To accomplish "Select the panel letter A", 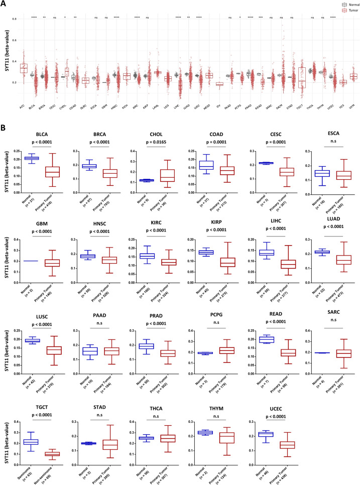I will click(x=5, y=4).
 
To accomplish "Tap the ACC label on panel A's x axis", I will click(x=22, y=93).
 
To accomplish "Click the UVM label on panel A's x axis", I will click(x=353, y=93).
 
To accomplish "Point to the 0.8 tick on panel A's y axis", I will click(x=14, y=19).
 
